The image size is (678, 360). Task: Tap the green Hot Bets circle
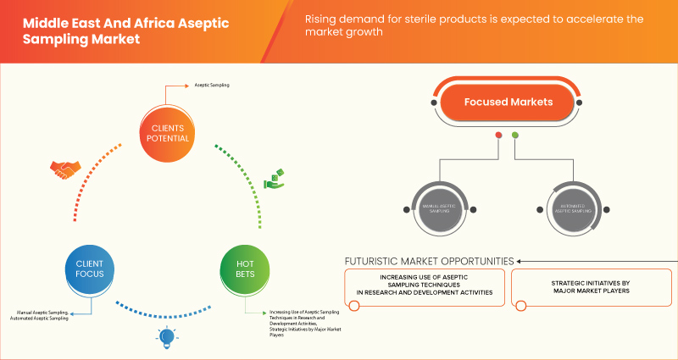[244, 269]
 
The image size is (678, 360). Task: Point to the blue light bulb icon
[165, 339]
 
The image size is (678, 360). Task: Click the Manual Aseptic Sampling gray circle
[440, 208]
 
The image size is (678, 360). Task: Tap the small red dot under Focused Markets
[499, 136]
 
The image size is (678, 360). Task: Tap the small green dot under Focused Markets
[515, 136]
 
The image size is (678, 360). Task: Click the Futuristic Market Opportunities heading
[429, 260]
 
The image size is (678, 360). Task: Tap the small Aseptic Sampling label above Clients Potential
[211, 86]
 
